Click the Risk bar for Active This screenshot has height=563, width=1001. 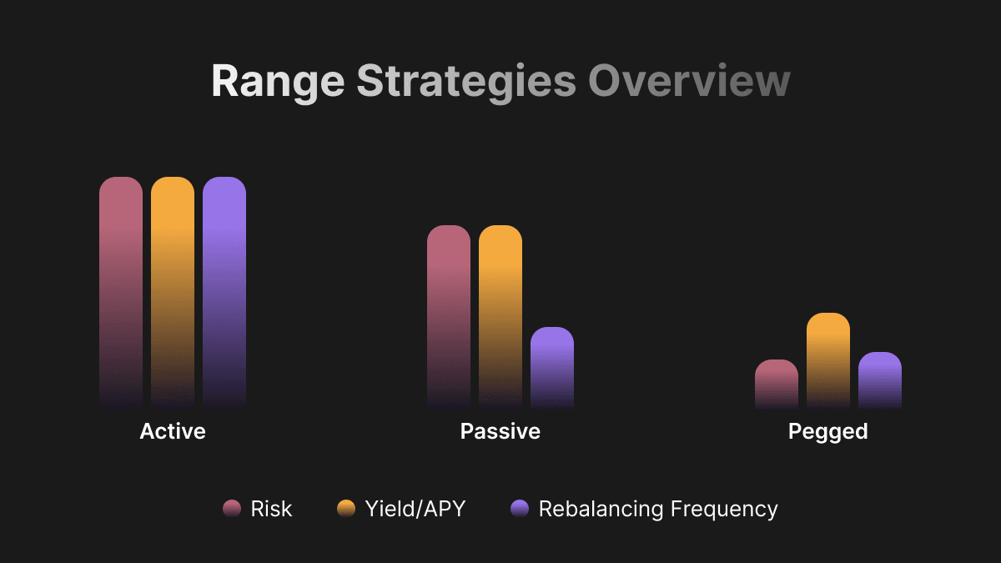coord(121,292)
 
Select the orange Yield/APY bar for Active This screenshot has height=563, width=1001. coord(173,292)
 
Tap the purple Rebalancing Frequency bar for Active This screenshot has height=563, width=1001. coord(224,292)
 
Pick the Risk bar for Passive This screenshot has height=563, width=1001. coord(449,317)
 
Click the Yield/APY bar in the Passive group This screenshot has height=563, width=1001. coord(500,317)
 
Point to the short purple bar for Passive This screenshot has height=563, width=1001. coord(552,367)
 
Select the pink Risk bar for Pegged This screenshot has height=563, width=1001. coord(777,384)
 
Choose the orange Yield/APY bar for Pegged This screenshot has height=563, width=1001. coord(828,360)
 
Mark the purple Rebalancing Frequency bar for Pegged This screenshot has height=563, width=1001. coord(880,380)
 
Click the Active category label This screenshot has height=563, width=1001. coord(173,431)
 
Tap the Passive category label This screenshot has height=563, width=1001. coord(500,431)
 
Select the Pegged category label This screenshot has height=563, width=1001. coord(828,431)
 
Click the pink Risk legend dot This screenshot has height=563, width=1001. coord(232,509)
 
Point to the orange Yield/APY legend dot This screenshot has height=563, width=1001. coord(346,509)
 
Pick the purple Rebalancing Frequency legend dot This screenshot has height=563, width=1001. coord(520,509)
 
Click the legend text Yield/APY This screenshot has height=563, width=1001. coord(415,509)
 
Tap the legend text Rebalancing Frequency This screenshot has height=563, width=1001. coord(658,509)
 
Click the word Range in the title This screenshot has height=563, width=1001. coord(278,82)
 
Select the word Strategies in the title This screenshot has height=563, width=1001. coord(466,82)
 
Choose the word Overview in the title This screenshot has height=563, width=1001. coord(689,82)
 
